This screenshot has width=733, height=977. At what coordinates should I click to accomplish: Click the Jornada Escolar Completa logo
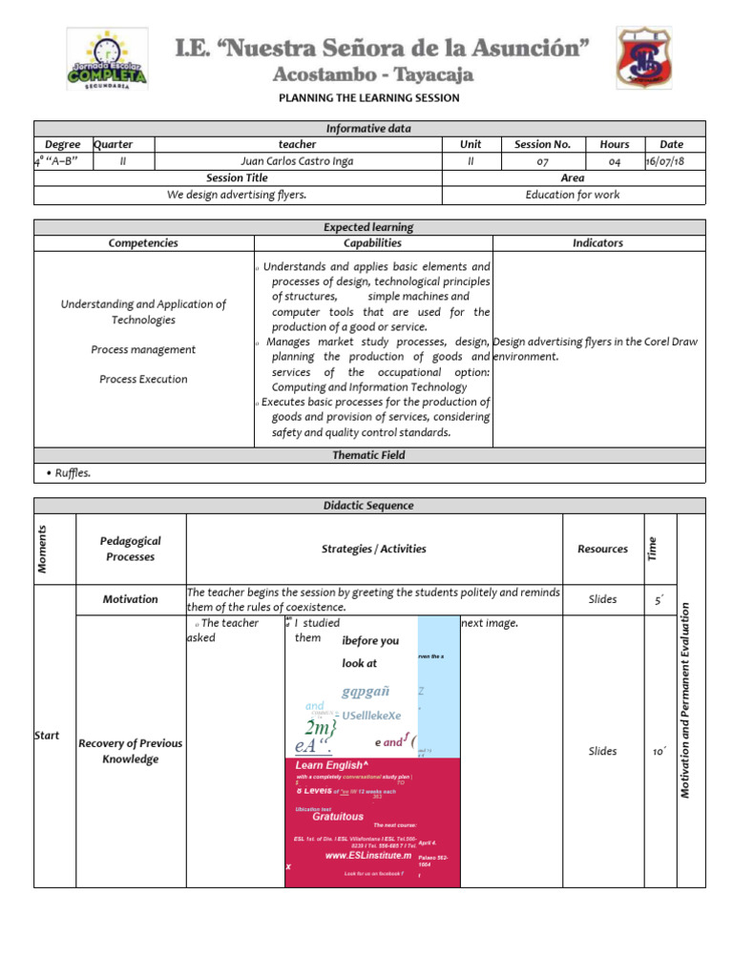point(106,59)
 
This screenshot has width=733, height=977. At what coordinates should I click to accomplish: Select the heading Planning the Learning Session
point(368,98)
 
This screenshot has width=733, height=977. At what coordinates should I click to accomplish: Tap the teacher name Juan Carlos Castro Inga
point(297,161)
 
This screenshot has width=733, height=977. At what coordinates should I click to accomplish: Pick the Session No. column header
point(542,144)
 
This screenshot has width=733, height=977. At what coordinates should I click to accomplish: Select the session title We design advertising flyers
point(238,195)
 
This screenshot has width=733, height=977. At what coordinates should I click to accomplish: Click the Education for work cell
point(573,195)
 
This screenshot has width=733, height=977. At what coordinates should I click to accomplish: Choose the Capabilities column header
point(373,243)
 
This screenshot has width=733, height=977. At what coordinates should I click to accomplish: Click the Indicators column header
point(597,243)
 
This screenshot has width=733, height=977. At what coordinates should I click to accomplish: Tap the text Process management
point(143,350)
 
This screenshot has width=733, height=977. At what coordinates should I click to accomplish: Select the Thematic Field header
point(368,455)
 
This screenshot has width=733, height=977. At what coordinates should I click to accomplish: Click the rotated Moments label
point(42,549)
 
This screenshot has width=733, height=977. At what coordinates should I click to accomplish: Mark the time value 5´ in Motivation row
point(659,600)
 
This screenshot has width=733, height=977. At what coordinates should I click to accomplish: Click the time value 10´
point(659,752)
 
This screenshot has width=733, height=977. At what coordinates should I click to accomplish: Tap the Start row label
point(47,736)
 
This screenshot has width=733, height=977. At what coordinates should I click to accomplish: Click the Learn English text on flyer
point(330,765)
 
